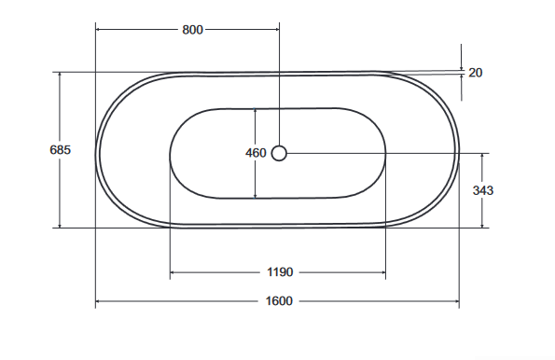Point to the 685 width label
pyautogui.click(x=60, y=149)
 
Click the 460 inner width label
pyautogui.click(x=256, y=153)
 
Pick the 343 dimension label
pyautogui.click(x=483, y=190)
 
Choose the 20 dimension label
pyautogui.click(x=476, y=73)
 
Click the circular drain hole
pyautogui.click(x=279, y=153)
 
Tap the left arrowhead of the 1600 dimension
pyautogui.click(x=99, y=301)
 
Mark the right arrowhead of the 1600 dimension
pyautogui.click(x=455, y=301)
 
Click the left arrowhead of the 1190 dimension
pyautogui.click(x=173, y=272)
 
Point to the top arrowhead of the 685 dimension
pyautogui.click(x=60, y=75)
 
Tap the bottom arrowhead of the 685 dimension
pyautogui.click(x=60, y=225)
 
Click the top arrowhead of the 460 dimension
pyautogui.click(x=256, y=111)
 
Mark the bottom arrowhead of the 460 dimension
pyautogui.click(x=256, y=195)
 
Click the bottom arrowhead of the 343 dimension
pyautogui.click(x=483, y=225)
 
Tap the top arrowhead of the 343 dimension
pyautogui.click(x=483, y=156)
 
